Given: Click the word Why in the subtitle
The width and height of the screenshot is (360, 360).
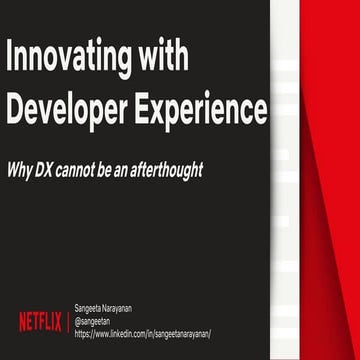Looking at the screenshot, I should (x=22, y=170).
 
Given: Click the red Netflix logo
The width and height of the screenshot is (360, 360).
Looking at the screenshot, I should (x=40, y=321).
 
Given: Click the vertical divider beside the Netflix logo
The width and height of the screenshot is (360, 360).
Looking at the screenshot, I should (x=67, y=321).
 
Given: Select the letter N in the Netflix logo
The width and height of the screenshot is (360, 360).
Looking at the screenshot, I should (x=22, y=321).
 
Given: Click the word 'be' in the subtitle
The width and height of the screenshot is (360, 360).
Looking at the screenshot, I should (x=121, y=170).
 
